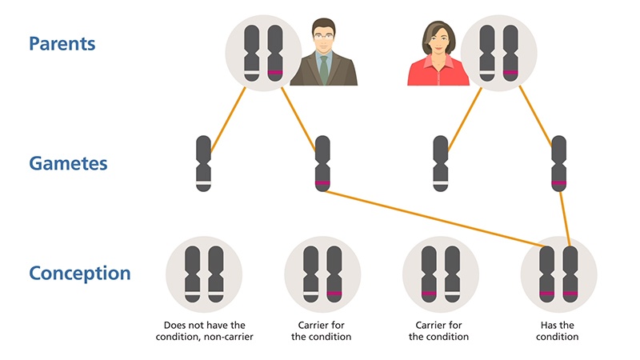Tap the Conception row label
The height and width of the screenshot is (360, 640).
pos(80,273)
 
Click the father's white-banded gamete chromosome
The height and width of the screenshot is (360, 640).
pos(204,163)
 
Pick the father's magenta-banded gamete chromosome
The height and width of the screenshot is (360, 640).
pos(322,163)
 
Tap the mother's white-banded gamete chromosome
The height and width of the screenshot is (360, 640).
pos(440,163)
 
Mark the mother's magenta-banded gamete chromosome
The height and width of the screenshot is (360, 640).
pos(558,163)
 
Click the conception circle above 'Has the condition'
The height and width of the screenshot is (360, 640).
pos(558,273)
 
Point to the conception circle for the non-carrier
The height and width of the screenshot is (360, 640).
pos(204,273)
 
